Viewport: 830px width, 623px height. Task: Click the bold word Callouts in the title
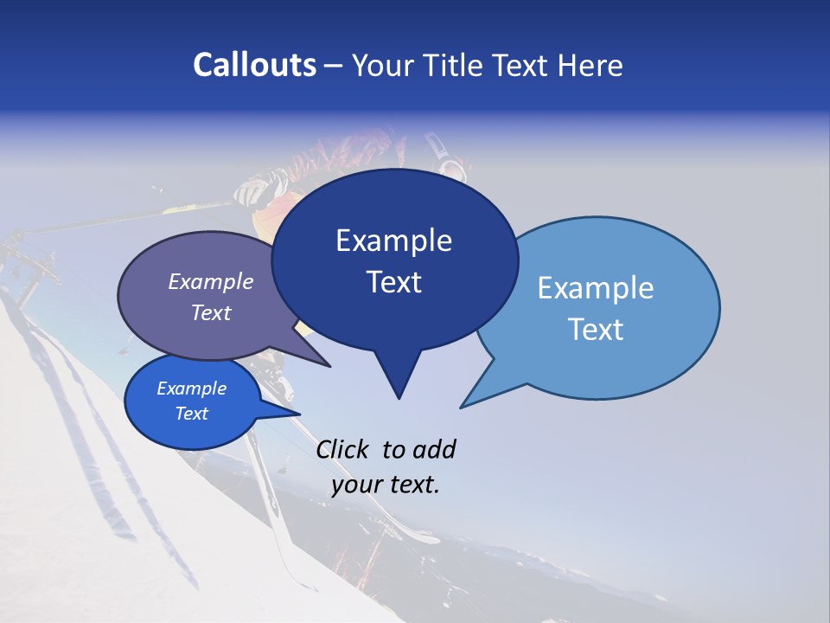(255, 65)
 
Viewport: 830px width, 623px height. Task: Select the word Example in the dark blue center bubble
(393, 241)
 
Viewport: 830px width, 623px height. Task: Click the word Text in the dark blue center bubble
(393, 282)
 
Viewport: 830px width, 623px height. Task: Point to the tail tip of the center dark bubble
(399, 398)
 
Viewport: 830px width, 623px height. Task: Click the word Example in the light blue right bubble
(596, 288)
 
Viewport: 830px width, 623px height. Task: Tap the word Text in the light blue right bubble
(596, 330)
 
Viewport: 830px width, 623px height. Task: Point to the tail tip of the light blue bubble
(461, 407)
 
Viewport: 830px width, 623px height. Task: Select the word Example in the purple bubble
(211, 281)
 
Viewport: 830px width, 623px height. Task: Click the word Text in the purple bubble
(211, 312)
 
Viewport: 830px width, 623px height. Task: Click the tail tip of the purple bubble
(330, 366)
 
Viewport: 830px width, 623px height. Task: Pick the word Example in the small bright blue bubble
(191, 389)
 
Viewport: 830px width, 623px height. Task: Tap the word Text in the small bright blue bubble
(191, 414)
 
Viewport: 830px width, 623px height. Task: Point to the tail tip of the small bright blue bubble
(299, 414)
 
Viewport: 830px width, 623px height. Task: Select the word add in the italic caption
(434, 449)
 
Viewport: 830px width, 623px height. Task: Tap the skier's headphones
(448, 167)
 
